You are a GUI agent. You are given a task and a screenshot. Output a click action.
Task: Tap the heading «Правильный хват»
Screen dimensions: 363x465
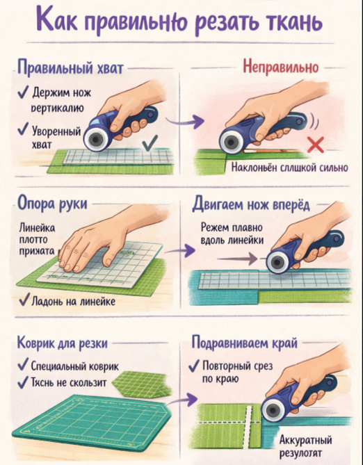tap(70, 67)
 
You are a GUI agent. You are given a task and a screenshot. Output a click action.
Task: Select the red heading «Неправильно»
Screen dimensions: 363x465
tap(280, 67)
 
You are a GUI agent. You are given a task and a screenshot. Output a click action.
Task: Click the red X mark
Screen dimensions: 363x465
tap(315, 145)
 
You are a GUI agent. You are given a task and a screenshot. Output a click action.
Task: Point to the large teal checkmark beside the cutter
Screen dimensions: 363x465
tap(150, 143)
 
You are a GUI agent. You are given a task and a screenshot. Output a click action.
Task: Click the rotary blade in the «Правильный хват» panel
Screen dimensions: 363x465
tap(95, 139)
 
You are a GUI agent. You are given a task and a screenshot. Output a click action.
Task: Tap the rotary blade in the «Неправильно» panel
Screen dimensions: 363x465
tap(231, 142)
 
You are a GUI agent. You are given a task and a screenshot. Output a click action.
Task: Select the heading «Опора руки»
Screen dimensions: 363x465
tap(52, 204)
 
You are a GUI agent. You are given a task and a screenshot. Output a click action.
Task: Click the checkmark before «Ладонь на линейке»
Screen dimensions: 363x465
tap(24, 300)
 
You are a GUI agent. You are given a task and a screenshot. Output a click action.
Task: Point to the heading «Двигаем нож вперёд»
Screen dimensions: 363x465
tap(251, 204)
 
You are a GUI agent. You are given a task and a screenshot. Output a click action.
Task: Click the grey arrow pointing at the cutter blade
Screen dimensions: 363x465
tap(237, 259)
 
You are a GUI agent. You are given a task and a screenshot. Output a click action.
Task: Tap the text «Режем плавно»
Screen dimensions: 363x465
tap(232, 227)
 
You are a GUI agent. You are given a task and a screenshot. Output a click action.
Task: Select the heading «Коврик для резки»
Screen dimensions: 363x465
tap(63, 343)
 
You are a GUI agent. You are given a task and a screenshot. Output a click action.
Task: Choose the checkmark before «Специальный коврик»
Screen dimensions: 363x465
tap(23, 365)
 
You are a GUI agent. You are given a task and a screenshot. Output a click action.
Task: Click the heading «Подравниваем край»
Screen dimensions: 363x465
tap(244, 343)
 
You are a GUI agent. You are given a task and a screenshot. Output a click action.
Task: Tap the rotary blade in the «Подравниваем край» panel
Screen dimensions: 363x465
tap(273, 410)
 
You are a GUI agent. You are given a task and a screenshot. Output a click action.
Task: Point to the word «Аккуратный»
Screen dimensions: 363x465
tap(305, 440)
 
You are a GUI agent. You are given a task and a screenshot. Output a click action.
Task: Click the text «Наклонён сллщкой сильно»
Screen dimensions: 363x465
tap(290, 168)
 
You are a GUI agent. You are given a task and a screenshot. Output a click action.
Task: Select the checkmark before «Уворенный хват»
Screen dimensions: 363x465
tap(23, 129)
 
